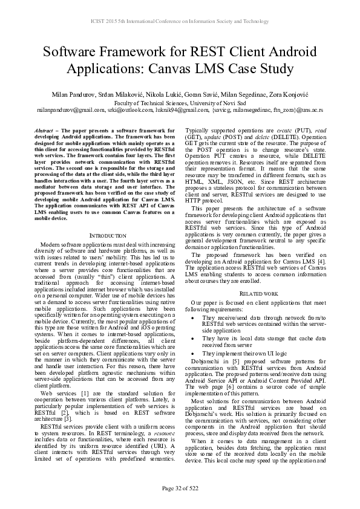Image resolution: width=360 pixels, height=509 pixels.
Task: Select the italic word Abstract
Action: [x=43, y=131]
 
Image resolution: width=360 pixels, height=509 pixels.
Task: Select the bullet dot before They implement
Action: [x=192, y=352]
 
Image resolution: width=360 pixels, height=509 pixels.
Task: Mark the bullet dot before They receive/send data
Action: [x=192, y=317]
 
